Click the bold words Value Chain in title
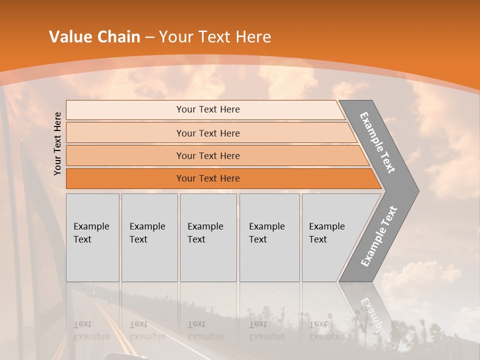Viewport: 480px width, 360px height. click(x=94, y=37)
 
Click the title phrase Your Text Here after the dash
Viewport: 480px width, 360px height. click(x=215, y=37)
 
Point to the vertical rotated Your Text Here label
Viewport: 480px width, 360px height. click(x=57, y=143)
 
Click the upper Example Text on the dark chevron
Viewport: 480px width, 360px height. click(x=377, y=142)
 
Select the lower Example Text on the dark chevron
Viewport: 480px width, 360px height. click(x=378, y=236)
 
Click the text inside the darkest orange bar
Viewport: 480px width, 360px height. click(x=208, y=178)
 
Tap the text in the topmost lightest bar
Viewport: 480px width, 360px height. click(x=208, y=109)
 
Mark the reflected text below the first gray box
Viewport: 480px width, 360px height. click(x=91, y=330)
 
